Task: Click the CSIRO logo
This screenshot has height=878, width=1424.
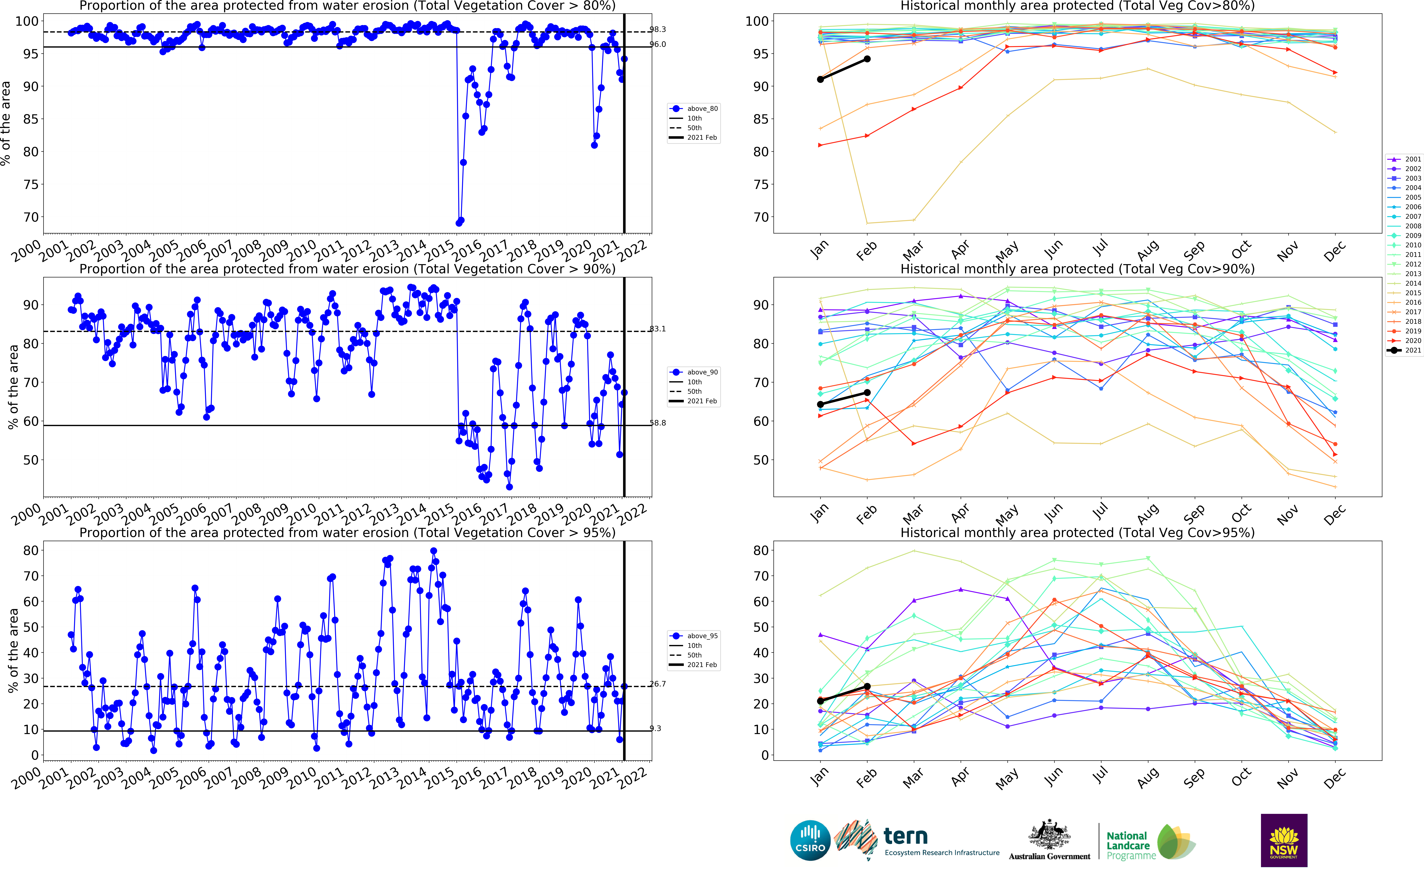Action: (x=810, y=840)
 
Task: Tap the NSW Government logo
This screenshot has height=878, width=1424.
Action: (x=1284, y=840)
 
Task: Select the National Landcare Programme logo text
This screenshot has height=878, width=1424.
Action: (x=1127, y=845)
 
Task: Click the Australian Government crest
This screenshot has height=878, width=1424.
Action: (x=1049, y=836)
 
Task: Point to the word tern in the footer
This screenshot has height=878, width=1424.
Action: (x=905, y=837)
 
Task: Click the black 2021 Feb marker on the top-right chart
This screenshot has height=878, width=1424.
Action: (x=867, y=59)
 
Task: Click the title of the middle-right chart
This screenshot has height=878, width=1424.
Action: (x=1077, y=269)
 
